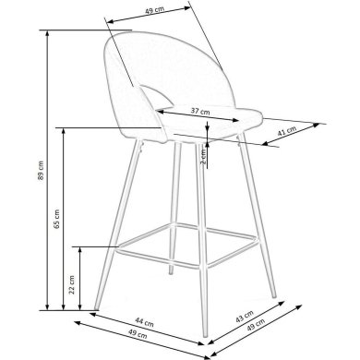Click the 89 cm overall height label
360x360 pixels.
pos(42,170)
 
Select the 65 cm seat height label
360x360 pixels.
pos(57,219)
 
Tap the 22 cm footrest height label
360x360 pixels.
pos(72,284)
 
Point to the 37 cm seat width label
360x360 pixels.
pos(200,111)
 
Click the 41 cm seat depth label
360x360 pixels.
pos(287,131)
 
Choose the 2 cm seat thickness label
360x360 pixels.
pos(203,156)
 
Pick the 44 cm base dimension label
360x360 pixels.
pos(144,322)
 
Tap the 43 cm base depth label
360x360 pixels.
pos(245,317)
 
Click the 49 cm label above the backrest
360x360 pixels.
pos(154,9)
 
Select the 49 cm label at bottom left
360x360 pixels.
pos(138,334)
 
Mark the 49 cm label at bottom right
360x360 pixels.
pos(256,325)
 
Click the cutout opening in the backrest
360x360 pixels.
pos(155,97)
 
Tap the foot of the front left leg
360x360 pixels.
pos(96,308)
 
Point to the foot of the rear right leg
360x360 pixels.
pos(274,295)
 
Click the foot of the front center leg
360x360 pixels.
pos(206,334)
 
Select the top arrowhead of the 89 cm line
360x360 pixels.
pos(47,33)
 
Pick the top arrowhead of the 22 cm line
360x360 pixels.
pos(80,249)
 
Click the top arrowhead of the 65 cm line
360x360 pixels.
pos(64,131)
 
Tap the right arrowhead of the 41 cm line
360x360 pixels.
pos(317,125)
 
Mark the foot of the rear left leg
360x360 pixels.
pos(170,272)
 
